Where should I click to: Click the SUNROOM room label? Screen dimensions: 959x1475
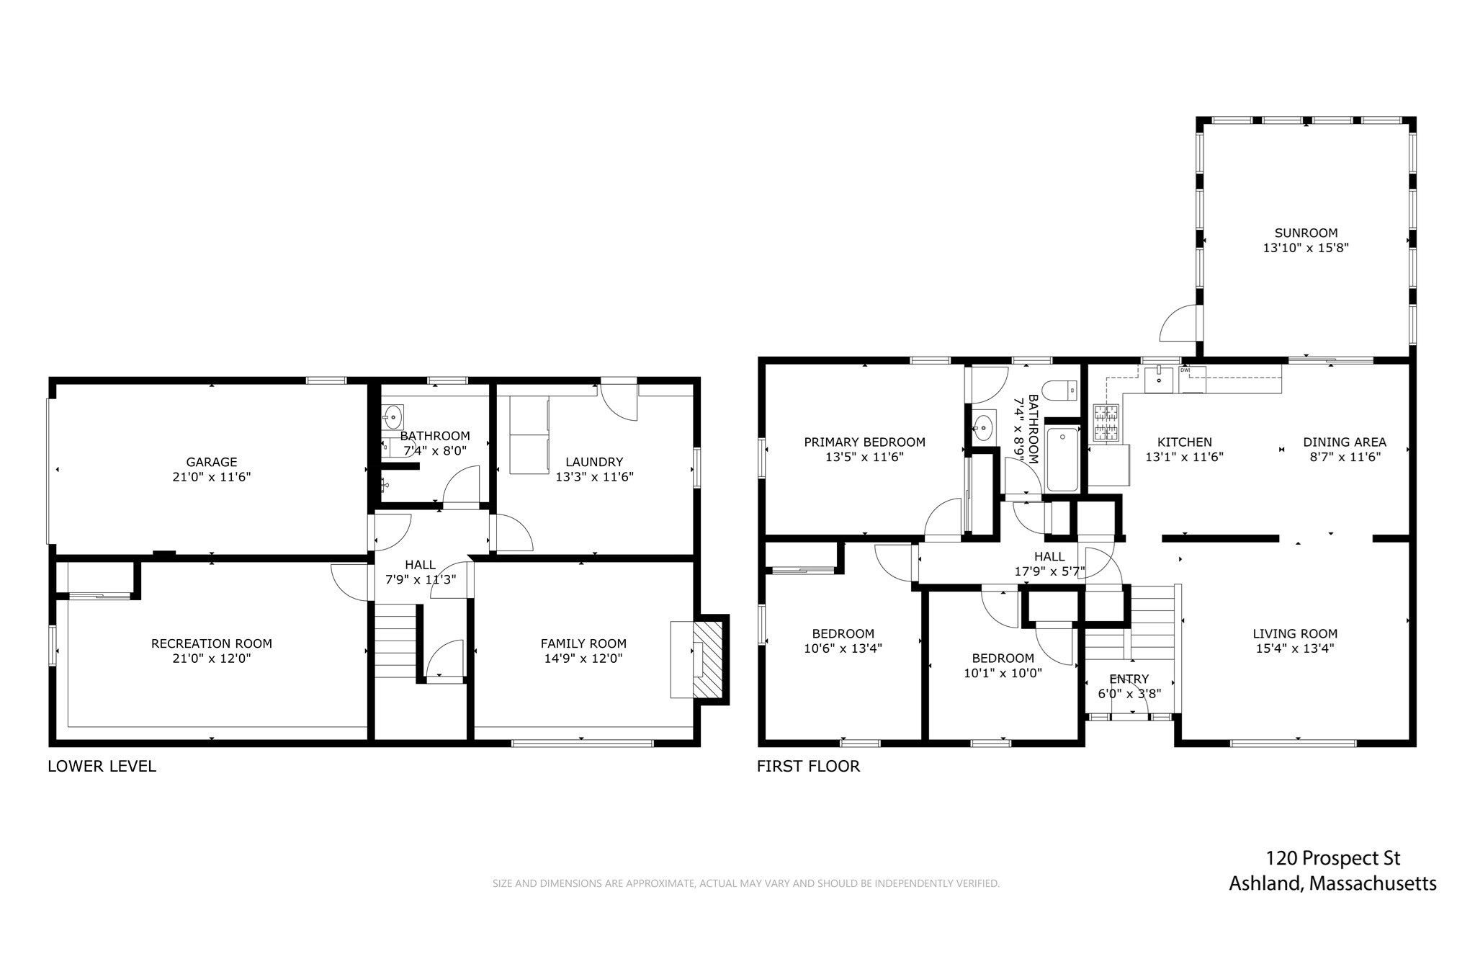coord(1306,233)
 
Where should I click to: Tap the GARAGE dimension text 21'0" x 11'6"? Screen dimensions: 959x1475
coord(211,476)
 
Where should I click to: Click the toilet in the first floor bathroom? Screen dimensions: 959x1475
coord(1062,391)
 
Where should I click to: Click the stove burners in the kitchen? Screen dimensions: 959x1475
coord(1107,422)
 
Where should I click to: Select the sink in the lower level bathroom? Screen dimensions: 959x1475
coord(393,416)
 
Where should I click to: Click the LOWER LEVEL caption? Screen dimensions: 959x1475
coord(102,766)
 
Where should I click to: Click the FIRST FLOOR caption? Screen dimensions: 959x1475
coord(808,766)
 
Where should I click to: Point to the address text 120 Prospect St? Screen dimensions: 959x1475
coord(1332,858)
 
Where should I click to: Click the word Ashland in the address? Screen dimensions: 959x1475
coord(1264,883)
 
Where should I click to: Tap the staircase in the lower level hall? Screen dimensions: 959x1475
coord(395,640)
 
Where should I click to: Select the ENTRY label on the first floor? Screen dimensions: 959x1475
coord(1129,679)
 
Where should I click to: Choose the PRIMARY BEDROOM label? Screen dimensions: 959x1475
coord(864,442)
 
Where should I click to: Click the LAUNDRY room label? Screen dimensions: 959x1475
coord(593,462)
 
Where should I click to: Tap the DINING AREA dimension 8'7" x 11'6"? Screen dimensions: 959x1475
coord(1344,456)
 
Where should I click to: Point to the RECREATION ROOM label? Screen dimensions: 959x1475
coord(211,643)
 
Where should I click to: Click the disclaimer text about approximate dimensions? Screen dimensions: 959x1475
coord(745,883)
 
